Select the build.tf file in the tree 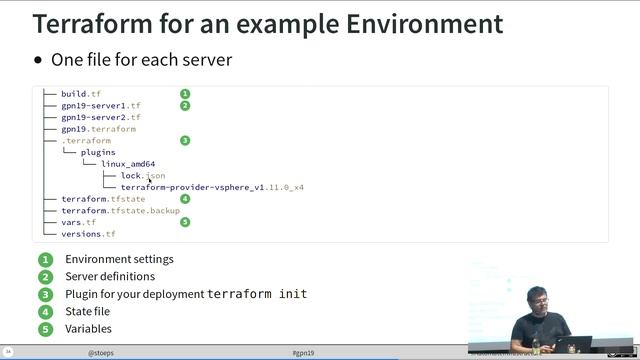[x=81, y=94]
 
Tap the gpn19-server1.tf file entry [x=101, y=106]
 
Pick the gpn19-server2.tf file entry [x=101, y=118]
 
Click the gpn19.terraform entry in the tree [x=98, y=129]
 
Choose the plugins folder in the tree [x=98, y=153]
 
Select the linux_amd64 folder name [x=128, y=164]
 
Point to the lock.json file [x=143, y=176]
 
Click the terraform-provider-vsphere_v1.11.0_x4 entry [x=212, y=187]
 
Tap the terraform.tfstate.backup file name [x=120, y=211]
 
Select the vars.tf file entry [x=78, y=222]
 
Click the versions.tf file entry [x=88, y=234]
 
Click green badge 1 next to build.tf [x=185, y=94]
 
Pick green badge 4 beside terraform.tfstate [x=185, y=199]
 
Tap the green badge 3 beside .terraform [x=185, y=141]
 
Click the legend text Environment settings [x=119, y=259]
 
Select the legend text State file [x=88, y=311]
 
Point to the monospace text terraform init [x=257, y=294]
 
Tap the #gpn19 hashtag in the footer [x=303, y=353]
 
